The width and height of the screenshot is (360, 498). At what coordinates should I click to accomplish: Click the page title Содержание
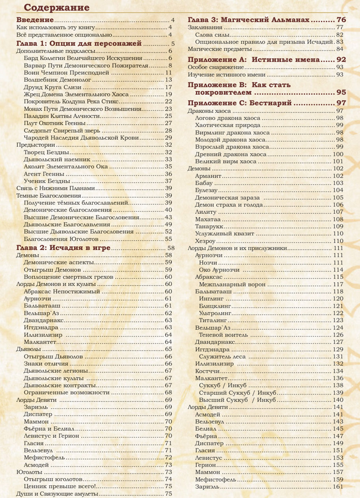coord(56,7)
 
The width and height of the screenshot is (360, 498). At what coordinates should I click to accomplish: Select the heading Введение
coord(35,20)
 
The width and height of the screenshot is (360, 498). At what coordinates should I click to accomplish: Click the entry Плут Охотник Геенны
coord(55,123)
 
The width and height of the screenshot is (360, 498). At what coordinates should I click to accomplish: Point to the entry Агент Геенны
coord(44,174)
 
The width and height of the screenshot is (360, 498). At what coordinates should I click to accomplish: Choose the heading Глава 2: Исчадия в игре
coord(63,248)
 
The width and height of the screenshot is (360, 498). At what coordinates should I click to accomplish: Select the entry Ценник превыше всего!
coord(60,486)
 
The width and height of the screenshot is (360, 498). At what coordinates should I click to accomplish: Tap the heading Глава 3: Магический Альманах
coord(248,20)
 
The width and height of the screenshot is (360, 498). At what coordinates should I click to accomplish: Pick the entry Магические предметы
coord(219,49)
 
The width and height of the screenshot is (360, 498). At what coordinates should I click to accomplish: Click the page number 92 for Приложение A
coord(341,60)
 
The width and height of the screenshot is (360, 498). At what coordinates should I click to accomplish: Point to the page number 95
coord(341,93)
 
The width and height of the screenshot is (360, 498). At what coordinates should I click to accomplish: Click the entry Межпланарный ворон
coord(232,285)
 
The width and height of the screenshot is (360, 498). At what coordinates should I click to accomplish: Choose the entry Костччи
coord(207,371)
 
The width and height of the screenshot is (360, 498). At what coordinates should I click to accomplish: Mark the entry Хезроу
coord(205,241)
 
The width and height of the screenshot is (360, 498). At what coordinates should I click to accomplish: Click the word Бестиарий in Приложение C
coord(270,103)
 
